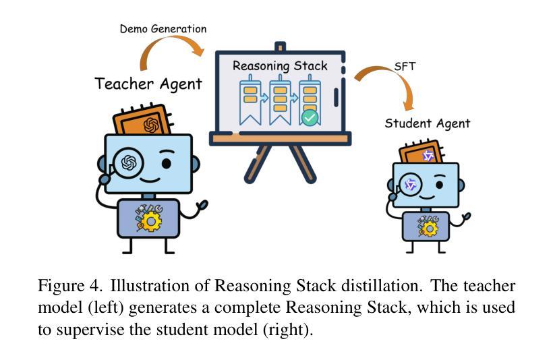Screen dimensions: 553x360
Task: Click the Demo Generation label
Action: point(163,29)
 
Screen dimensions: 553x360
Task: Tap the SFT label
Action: point(405,67)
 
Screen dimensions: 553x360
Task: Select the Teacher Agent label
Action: point(148,84)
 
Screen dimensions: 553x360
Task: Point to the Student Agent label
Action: point(427,123)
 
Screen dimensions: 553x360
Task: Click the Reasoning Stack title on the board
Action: point(280,66)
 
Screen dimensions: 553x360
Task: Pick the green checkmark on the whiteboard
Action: point(310,118)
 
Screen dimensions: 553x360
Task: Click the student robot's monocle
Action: point(409,184)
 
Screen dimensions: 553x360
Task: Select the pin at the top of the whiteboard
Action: point(280,47)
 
